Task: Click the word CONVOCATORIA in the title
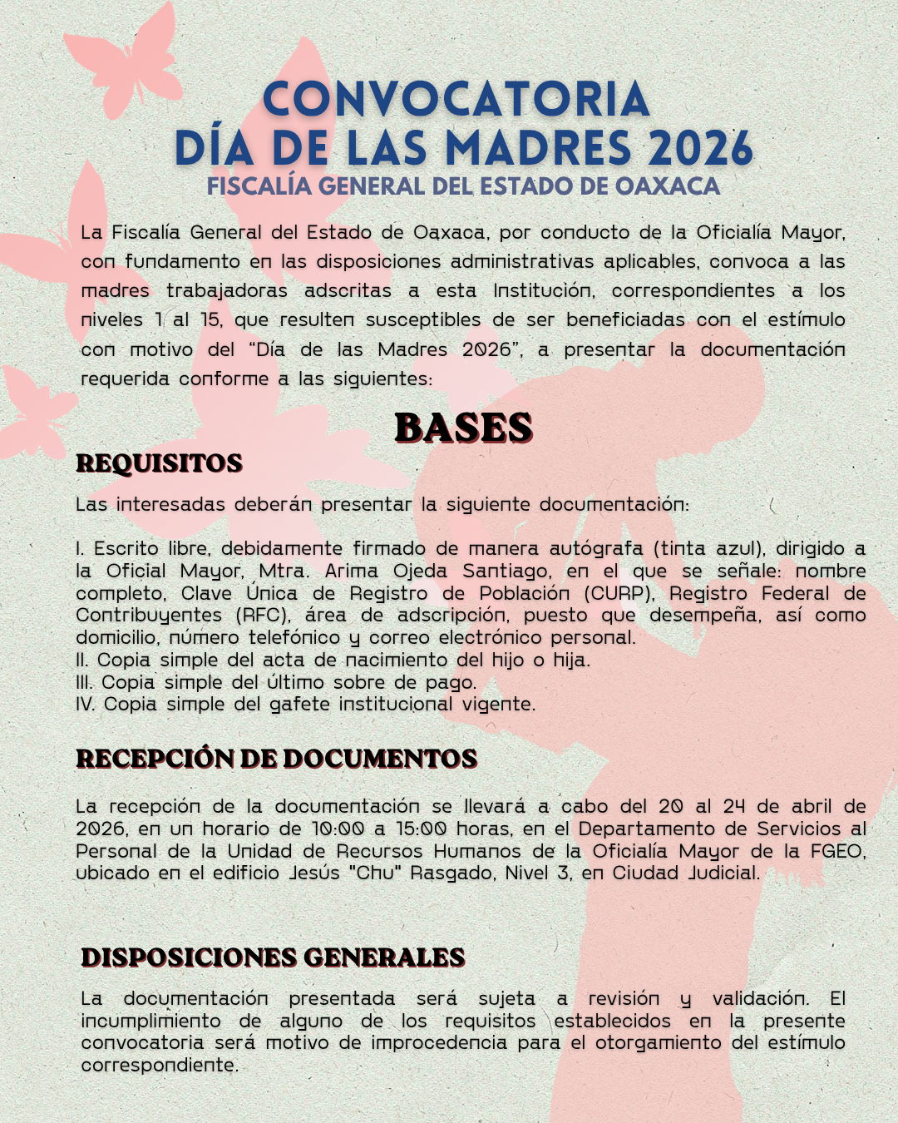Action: click(456, 100)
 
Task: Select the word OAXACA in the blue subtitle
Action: click(668, 186)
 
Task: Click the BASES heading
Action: click(463, 428)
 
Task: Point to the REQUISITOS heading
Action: click(159, 463)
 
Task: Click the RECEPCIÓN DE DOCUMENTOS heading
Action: click(276, 759)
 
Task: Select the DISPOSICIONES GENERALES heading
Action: click(273, 957)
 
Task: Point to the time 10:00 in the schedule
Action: click(338, 829)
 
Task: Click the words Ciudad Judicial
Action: click(685, 873)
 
